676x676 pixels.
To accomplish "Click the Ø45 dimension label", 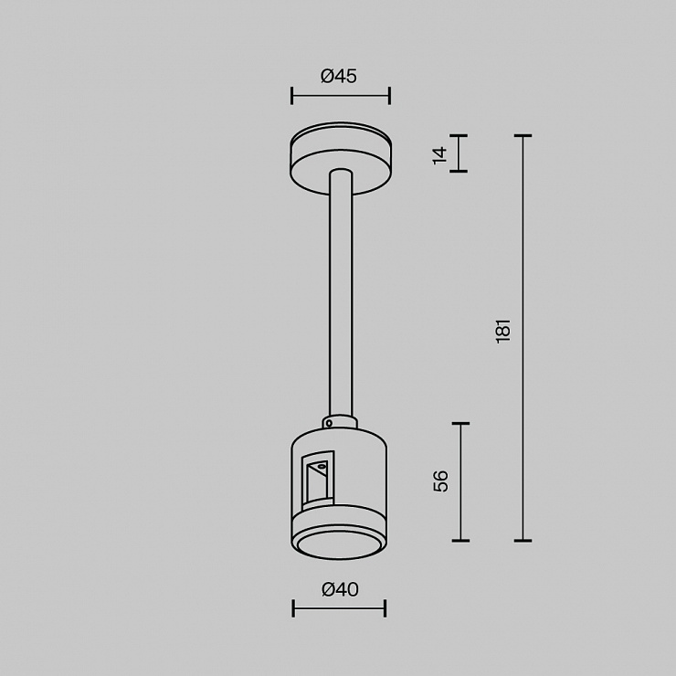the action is (x=339, y=77).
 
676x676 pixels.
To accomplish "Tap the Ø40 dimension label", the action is (x=340, y=589).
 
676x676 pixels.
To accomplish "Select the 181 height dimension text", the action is (x=503, y=331).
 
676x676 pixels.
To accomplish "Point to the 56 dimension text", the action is (x=440, y=481).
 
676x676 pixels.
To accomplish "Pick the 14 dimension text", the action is (x=440, y=155).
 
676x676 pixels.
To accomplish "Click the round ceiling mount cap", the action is (x=341, y=158).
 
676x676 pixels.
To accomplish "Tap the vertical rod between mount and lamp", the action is (x=341, y=293).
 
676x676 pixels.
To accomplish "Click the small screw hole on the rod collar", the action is (x=329, y=423).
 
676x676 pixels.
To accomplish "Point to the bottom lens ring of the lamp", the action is (x=339, y=543).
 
